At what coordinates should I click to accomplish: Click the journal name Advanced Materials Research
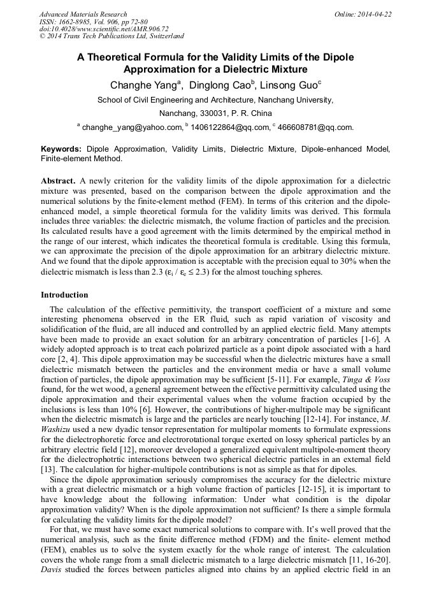click(83, 14)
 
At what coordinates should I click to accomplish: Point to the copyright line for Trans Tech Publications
click(112, 36)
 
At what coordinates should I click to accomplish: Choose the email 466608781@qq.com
click(315, 127)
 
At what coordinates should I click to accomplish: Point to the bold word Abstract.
click(59, 181)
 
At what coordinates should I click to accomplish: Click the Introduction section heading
click(64, 295)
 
